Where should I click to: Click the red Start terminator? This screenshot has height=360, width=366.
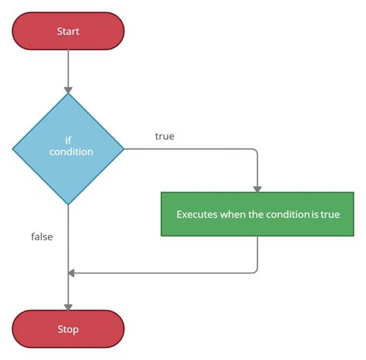tap(68, 31)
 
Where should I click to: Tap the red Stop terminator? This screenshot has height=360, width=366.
tap(68, 329)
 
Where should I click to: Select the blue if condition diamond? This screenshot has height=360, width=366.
tap(68, 148)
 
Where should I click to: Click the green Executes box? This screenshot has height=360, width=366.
tap(257, 214)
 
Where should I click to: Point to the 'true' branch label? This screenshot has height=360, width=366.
tap(164, 137)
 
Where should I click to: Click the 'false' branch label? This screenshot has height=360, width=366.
tap(42, 236)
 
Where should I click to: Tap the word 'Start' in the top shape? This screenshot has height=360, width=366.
tap(68, 31)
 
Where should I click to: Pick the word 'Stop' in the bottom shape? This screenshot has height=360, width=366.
tap(68, 329)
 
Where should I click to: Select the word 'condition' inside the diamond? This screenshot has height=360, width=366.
tap(70, 152)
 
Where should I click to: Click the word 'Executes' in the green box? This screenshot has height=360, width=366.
tap(197, 214)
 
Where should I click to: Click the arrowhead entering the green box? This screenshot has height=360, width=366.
tap(257, 188)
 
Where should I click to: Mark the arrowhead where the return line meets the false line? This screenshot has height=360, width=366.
tap(72, 273)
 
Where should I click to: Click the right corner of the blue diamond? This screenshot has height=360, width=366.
tap(124, 148)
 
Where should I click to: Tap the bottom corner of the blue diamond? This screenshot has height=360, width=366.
tap(68, 205)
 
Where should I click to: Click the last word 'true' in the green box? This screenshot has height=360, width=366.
tap(330, 214)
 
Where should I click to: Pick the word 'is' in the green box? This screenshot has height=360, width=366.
tap(315, 214)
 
